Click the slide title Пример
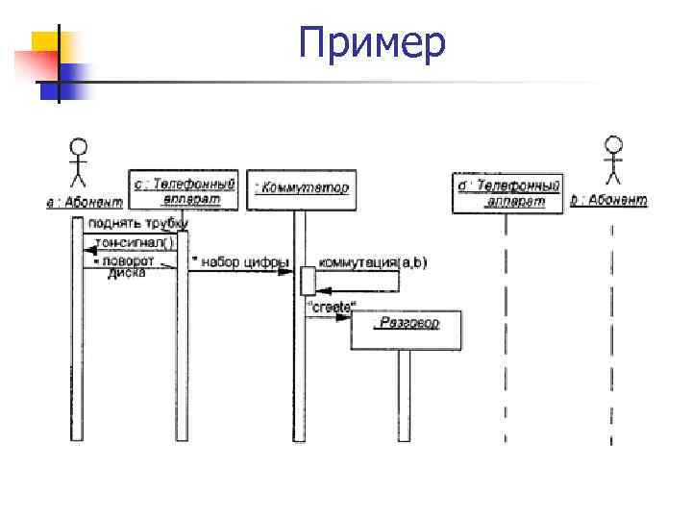click(x=371, y=44)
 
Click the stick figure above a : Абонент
click(x=78, y=163)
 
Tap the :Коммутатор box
click(x=301, y=190)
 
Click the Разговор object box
click(x=406, y=329)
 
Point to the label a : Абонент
click(x=85, y=202)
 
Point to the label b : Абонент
click(x=608, y=202)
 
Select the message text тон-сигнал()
click(x=134, y=244)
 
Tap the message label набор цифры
click(x=239, y=261)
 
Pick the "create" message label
click(x=330, y=307)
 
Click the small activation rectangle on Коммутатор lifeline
click(x=307, y=280)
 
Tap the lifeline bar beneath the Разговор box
click(x=404, y=394)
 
